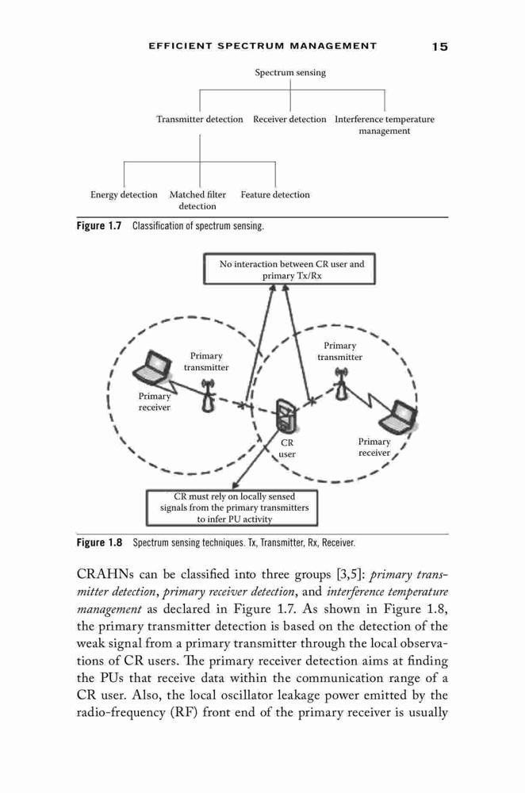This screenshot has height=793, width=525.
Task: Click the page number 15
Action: tap(439, 47)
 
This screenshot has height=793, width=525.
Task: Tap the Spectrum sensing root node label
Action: tap(290, 72)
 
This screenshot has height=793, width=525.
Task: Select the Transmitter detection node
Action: tap(199, 120)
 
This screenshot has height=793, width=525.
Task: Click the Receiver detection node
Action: tap(289, 120)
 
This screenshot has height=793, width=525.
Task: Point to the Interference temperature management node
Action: tap(385, 125)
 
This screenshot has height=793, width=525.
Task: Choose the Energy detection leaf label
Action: tap(124, 195)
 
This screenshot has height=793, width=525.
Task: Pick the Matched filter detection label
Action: tap(197, 201)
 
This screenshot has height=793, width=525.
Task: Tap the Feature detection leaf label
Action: tap(275, 195)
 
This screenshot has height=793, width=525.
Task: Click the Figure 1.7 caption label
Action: tap(99, 225)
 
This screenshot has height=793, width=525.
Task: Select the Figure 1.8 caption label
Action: tap(99, 542)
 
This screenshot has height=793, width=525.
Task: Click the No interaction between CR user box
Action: tap(289, 269)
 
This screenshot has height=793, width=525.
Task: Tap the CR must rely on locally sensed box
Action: tap(232, 508)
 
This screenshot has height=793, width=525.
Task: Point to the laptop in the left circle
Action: tap(151, 366)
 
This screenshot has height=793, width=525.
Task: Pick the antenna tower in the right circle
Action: tap(343, 384)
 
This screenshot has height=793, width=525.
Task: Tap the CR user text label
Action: tap(287, 448)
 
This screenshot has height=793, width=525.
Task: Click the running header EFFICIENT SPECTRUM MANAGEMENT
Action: tap(262, 46)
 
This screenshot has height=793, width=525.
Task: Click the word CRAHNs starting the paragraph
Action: tap(104, 574)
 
